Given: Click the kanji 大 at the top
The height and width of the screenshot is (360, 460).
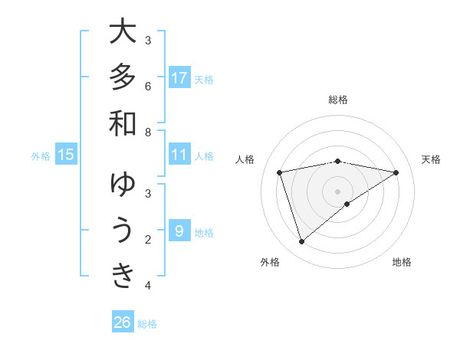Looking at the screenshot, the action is pyautogui.click(x=123, y=33).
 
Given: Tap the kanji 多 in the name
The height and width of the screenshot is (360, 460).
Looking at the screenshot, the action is pyautogui.click(x=123, y=78).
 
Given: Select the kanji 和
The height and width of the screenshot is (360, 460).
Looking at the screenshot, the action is pyautogui.click(x=123, y=123).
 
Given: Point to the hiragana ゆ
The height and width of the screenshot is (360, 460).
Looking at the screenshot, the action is pyautogui.click(x=123, y=186).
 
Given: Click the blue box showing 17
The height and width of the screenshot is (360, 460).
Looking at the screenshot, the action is pyautogui.click(x=179, y=78).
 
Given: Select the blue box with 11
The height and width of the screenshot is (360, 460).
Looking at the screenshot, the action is pyautogui.click(x=179, y=155).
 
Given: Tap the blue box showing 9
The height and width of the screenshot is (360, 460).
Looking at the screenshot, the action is pyautogui.click(x=179, y=231).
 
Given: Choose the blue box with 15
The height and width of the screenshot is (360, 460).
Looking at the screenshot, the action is pyautogui.click(x=66, y=155).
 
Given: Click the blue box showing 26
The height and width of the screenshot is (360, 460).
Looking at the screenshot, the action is pyautogui.click(x=123, y=322).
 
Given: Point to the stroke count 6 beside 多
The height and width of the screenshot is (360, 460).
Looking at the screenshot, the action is pyautogui.click(x=148, y=86).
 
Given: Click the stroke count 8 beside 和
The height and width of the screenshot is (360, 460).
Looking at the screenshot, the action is pyautogui.click(x=148, y=132).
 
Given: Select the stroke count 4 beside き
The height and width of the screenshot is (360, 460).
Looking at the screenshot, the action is pyautogui.click(x=148, y=286).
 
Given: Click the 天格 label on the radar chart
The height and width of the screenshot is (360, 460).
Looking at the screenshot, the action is pyautogui.click(x=431, y=159).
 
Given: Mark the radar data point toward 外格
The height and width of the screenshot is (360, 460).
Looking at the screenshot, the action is pyautogui.click(x=301, y=241).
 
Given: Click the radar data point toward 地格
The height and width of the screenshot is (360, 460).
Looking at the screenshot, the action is pyautogui.click(x=347, y=204).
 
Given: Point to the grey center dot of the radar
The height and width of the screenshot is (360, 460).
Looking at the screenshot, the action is pyautogui.click(x=337, y=191).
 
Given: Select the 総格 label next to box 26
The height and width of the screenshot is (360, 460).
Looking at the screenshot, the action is pyautogui.click(x=148, y=324).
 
